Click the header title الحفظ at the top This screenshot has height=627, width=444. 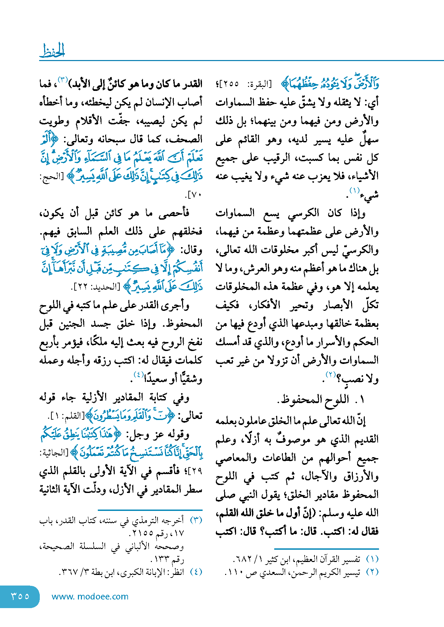coord(52,51)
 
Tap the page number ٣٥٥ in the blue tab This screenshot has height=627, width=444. coord(20,596)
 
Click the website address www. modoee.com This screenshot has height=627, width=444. coord(90,596)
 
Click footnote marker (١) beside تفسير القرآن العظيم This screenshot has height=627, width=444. coord(372,559)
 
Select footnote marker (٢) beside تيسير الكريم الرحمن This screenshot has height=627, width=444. coord(372,572)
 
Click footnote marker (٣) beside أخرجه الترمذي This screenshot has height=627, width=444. coord(196,520)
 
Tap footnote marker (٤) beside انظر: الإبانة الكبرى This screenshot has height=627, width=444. coord(196,572)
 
